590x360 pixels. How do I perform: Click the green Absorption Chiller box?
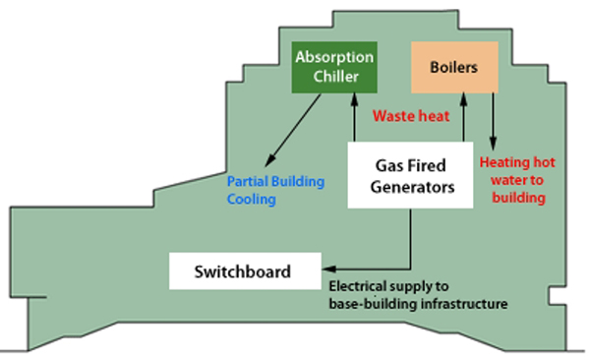pos(334,67)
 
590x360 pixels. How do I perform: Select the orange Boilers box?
pos(454,67)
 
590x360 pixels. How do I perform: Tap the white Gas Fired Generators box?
pos(410,175)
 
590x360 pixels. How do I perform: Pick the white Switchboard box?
pos(245,271)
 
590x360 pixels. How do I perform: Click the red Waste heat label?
pos(411,116)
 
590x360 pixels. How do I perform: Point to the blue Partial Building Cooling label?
pos(275,190)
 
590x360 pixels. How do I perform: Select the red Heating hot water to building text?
pos(518,180)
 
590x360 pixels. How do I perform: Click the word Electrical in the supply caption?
pos(355,286)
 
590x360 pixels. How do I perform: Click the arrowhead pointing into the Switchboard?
pos(328,269)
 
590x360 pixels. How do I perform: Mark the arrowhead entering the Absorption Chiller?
pos(354,98)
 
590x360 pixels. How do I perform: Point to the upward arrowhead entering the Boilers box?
pos(463,98)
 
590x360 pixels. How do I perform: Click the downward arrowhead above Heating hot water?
pos(493,145)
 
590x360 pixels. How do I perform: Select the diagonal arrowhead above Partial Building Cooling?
pos(269,160)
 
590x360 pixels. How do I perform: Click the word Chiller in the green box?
pos(335,77)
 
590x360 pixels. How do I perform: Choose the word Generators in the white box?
pos(412,187)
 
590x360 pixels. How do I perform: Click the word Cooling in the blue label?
pos(252,199)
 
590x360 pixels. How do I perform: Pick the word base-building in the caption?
pos(373,304)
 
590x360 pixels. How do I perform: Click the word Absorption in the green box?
pos(334,57)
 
